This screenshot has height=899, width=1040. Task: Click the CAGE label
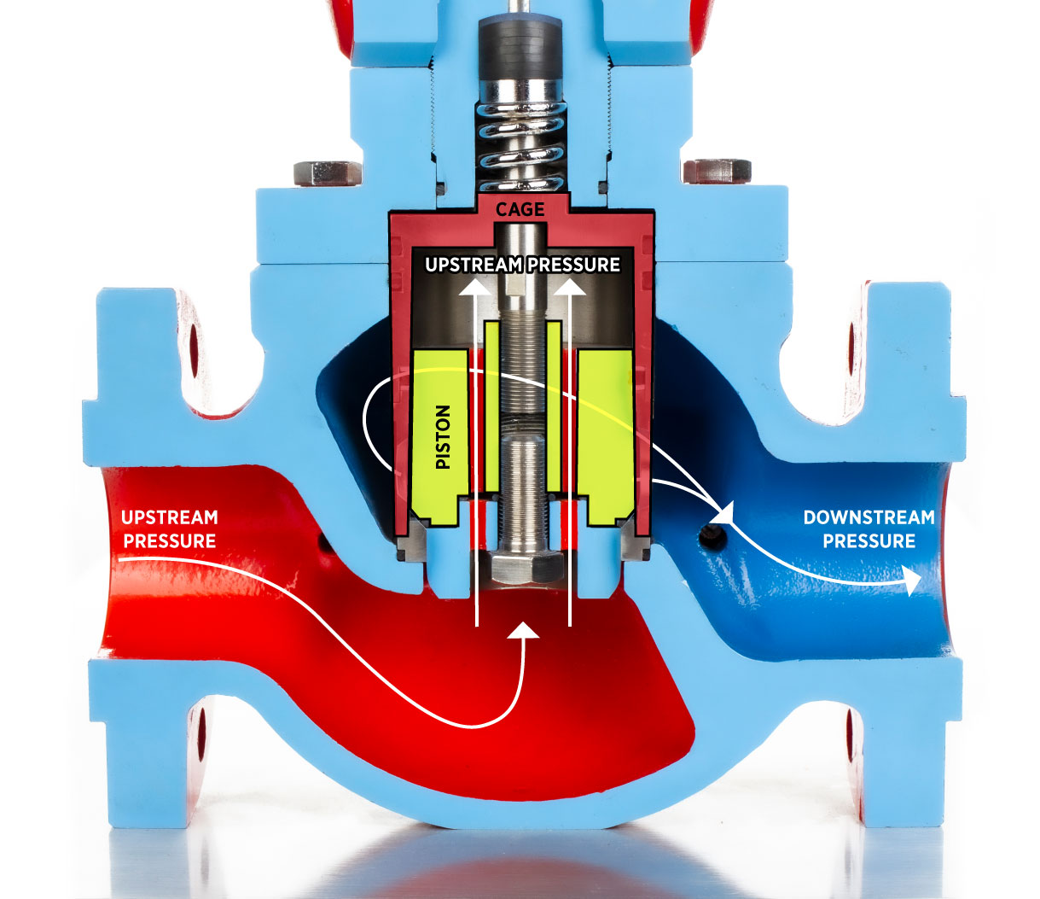(x=520, y=210)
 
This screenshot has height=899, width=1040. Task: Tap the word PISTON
(x=443, y=437)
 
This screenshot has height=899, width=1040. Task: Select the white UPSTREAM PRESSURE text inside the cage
(x=522, y=265)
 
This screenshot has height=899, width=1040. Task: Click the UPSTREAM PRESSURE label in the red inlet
(x=170, y=529)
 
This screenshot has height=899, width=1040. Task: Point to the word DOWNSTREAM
(x=869, y=517)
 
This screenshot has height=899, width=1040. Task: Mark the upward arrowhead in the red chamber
(x=524, y=630)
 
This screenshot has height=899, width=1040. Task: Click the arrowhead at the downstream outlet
(x=912, y=582)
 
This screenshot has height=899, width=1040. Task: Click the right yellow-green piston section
(x=605, y=435)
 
